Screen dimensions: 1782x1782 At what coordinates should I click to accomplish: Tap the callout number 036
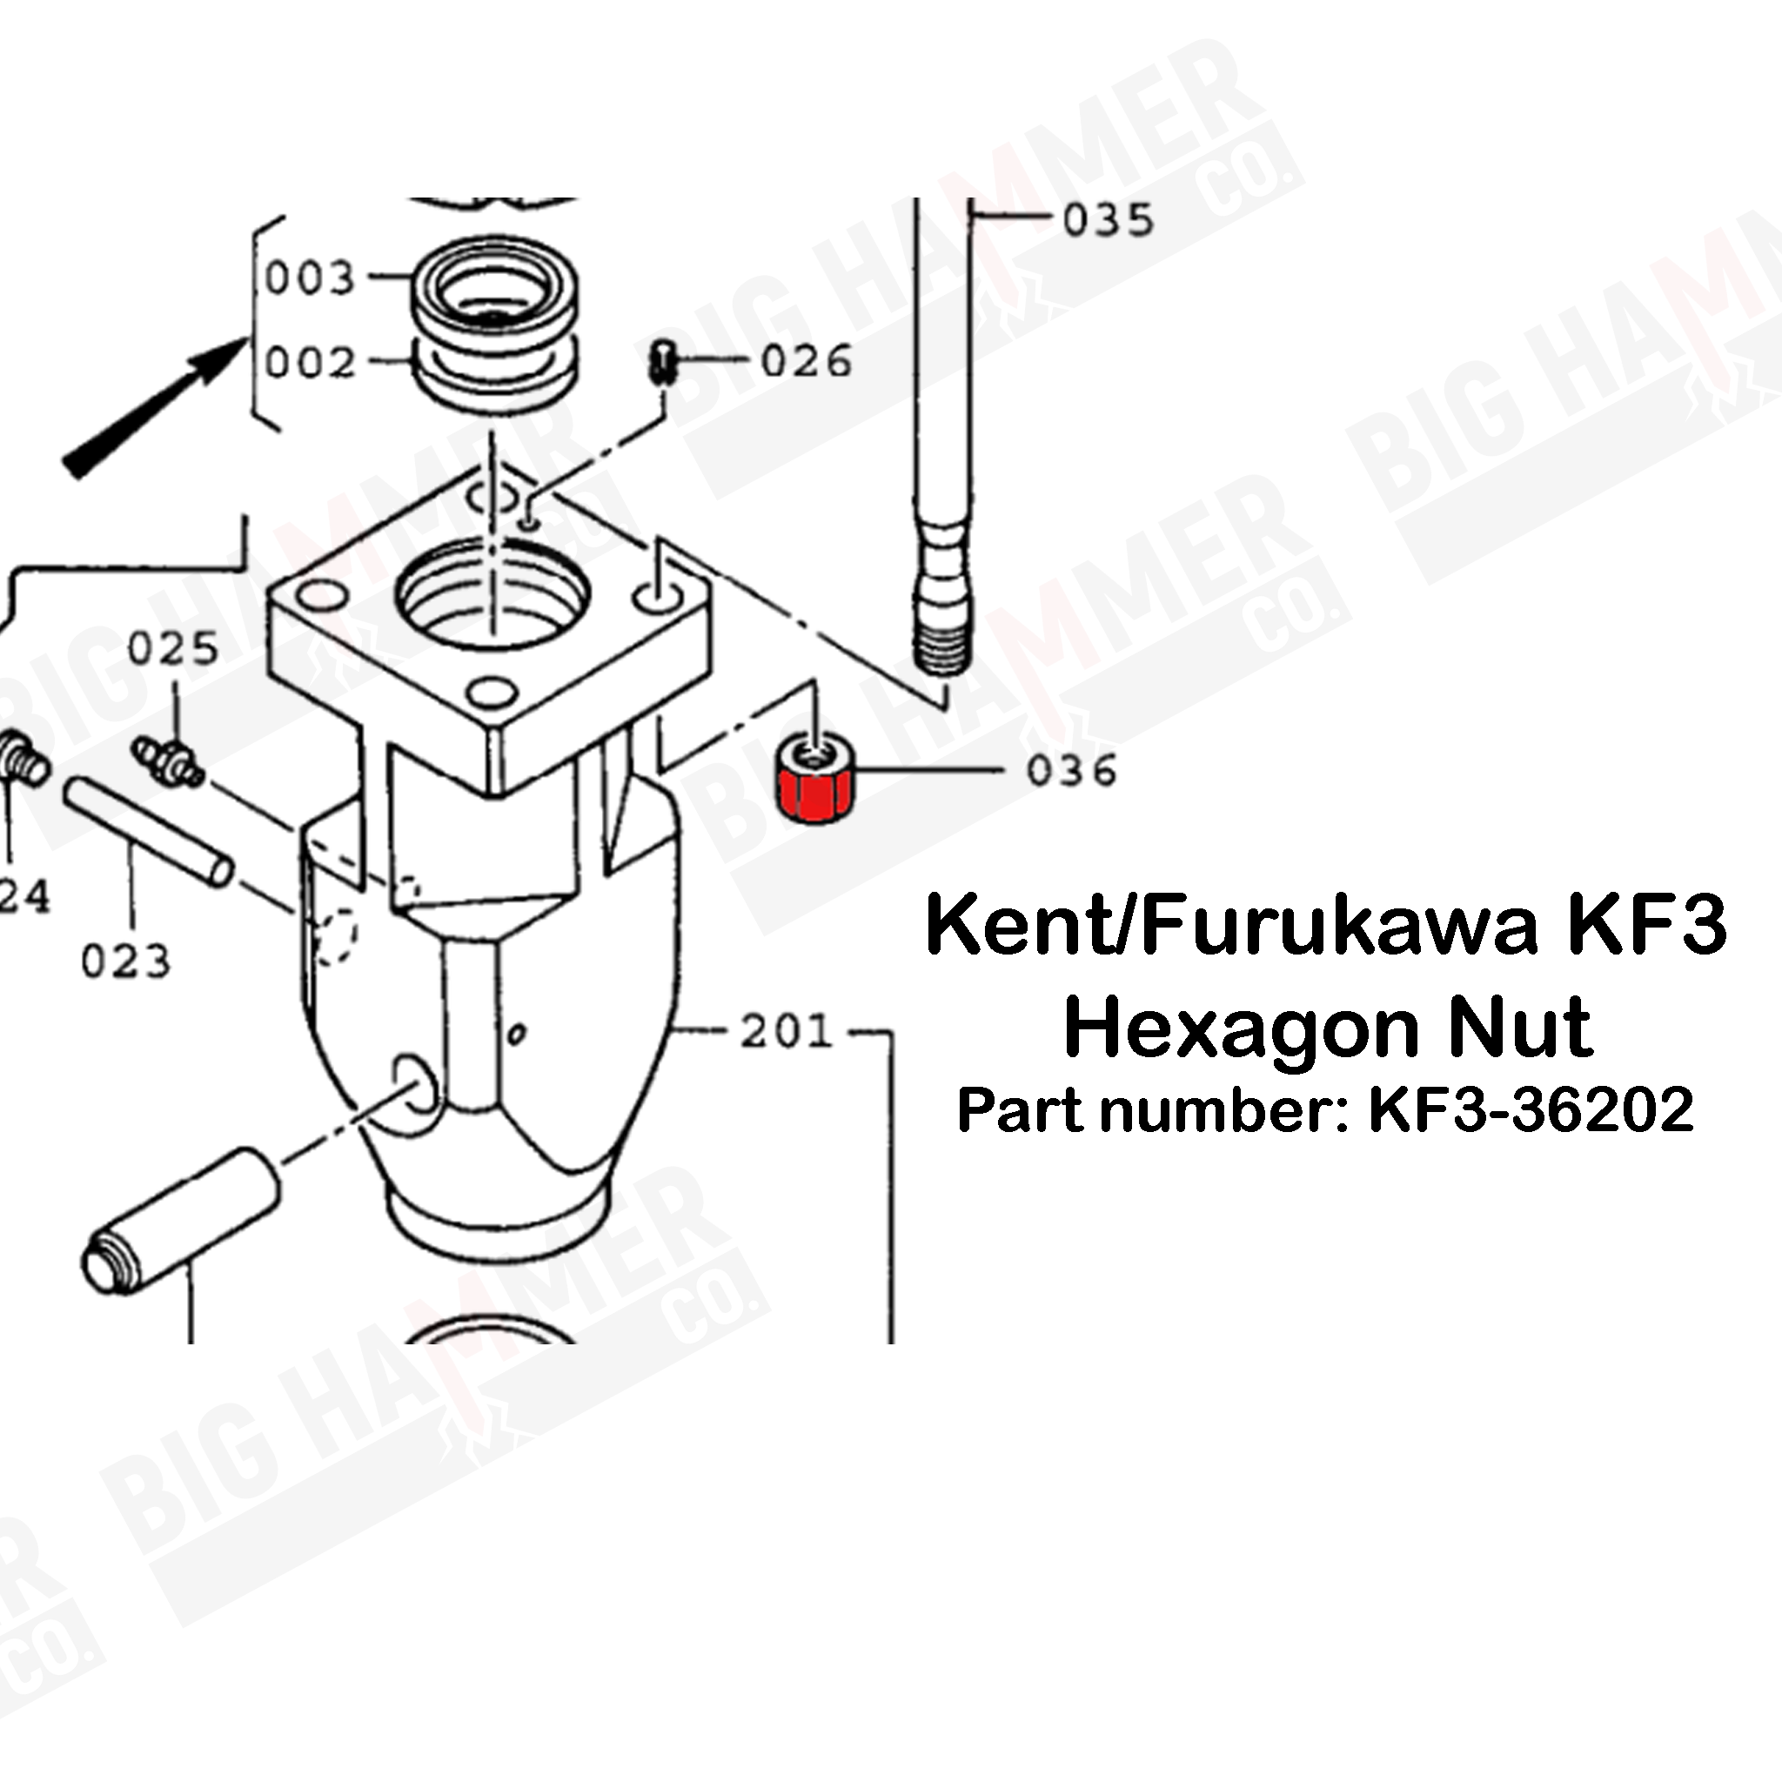[x=1071, y=770]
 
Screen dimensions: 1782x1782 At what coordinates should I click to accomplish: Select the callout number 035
[x=1108, y=220]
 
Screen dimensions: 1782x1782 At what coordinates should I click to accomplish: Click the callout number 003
[x=310, y=278]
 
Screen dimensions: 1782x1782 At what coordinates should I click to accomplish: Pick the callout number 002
[x=310, y=363]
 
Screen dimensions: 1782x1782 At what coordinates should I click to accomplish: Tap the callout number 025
[x=172, y=648]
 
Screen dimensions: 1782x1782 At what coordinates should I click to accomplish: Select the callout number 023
[x=126, y=962]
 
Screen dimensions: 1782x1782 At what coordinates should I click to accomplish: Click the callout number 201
[x=786, y=1032]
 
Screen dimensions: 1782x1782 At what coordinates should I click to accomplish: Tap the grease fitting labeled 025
[x=169, y=762]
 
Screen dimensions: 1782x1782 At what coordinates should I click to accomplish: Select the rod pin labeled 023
[x=148, y=831]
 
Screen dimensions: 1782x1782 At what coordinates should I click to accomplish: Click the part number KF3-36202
[x=1531, y=1109]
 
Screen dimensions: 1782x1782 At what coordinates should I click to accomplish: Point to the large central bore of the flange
[x=492, y=595]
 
